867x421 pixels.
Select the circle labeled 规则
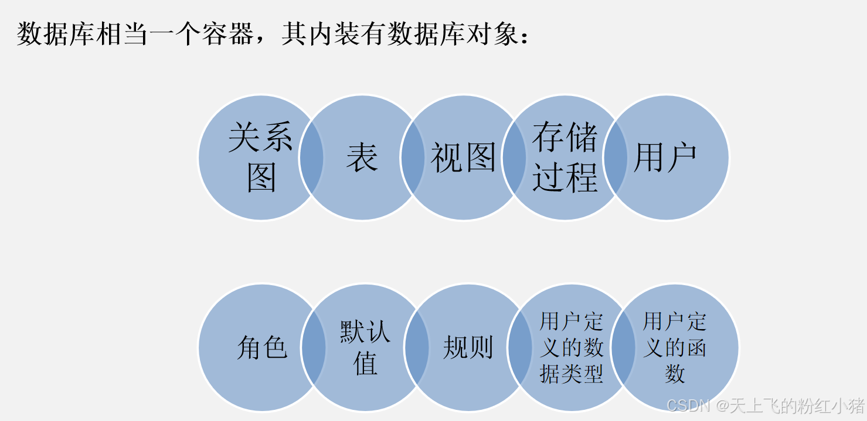click(x=468, y=347)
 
